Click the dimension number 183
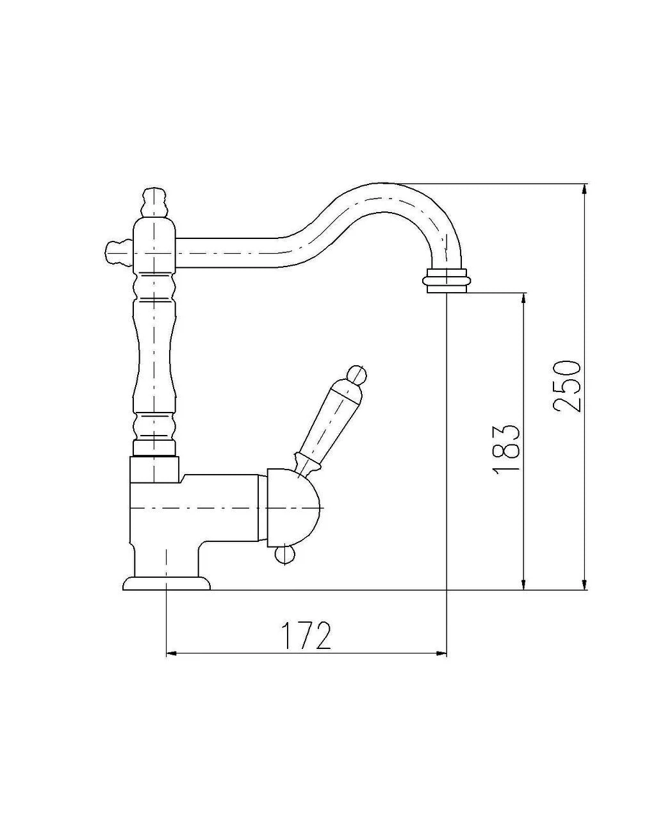(x=506, y=447)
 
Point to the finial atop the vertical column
(x=154, y=202)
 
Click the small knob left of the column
(x=119, y=252)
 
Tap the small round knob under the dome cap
(x=284, y=554)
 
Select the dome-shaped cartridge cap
(x=293, y=508)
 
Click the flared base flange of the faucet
(x=166, y=583)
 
